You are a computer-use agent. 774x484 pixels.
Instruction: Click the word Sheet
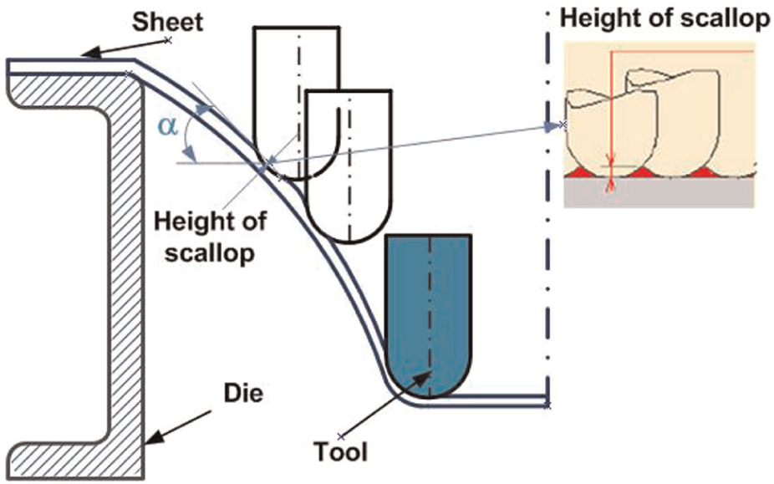(x=167, y=23)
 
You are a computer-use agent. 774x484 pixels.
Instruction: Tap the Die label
(x=243, y=394)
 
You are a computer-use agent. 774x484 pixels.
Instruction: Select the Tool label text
(x=340, y=452)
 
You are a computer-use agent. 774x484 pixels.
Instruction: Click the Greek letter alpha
(x=167, y=127)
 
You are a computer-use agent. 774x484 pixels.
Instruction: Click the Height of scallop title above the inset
(x=665, y=19)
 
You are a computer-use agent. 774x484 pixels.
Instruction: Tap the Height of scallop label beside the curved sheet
(x=211, y=237)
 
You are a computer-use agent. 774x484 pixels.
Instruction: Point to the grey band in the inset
(x=659, y=192)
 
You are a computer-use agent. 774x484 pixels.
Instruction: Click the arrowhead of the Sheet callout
(x=89, y=53)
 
